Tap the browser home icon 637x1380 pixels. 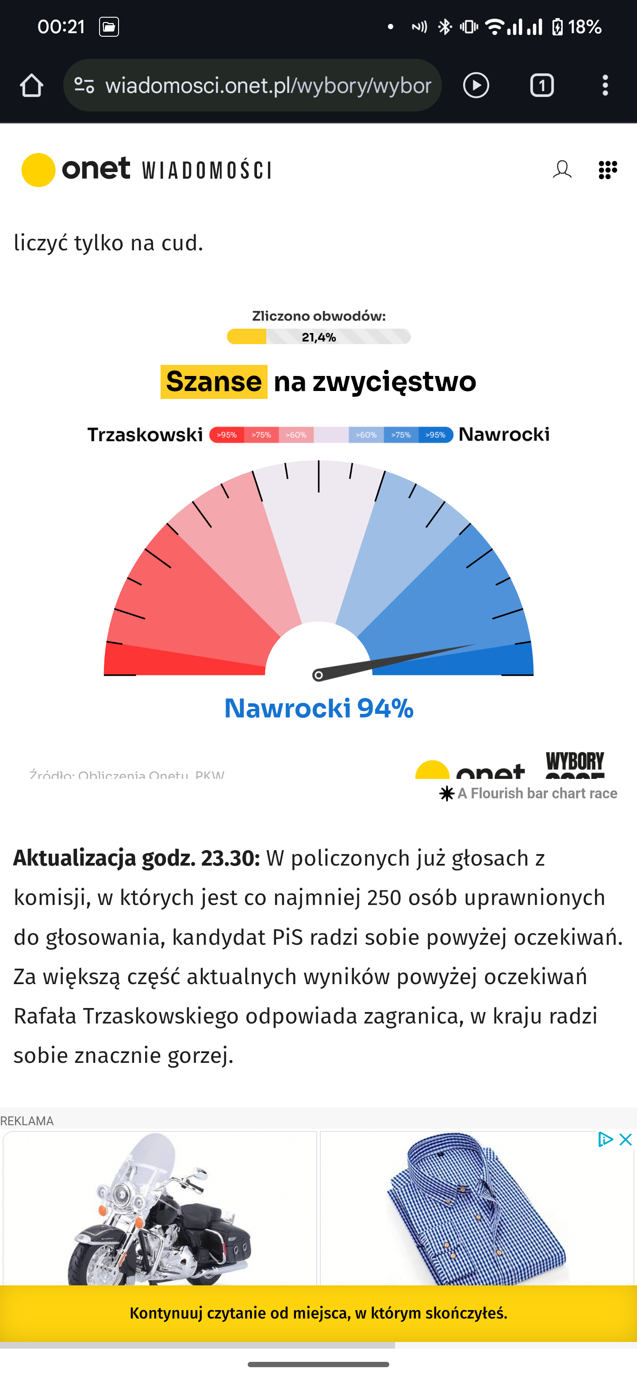[31, 85]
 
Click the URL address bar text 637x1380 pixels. [268, 85]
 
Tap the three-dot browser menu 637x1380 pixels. [605, 85]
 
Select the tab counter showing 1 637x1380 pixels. [541, 85]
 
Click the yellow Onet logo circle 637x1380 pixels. [38, 170]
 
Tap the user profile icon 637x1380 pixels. [562, 170]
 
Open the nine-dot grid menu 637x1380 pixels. [607, 170]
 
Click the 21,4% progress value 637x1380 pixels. [319, 337]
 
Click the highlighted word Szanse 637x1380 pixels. [214, 381]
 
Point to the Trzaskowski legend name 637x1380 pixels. [145, 434]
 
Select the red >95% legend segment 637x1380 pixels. [226, 435]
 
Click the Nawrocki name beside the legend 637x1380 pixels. [503, 434]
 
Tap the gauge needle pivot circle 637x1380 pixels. [318, 675]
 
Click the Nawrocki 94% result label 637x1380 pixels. [319, 708]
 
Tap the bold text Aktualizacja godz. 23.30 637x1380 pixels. [137, 858]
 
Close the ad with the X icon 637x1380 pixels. [625, 1139]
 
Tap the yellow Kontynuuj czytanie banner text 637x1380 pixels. [318, 1313]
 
